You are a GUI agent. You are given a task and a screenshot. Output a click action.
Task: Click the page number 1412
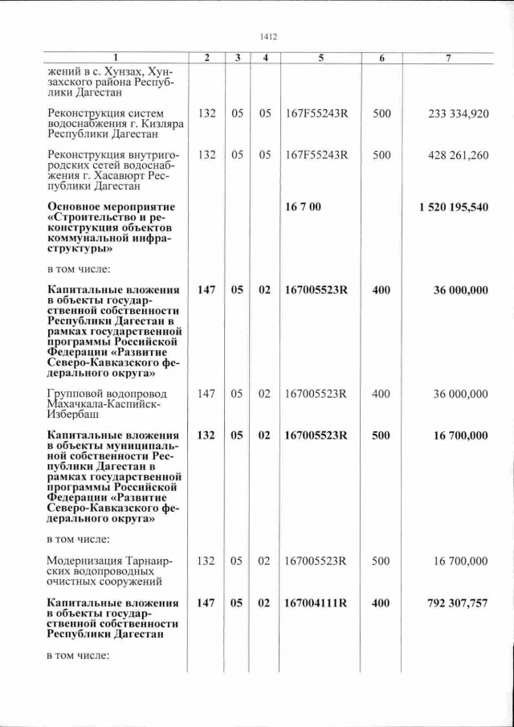[269, 36]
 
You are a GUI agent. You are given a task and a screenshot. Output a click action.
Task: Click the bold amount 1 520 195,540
[453, 207]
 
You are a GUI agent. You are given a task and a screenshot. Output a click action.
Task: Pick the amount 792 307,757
[455, 603]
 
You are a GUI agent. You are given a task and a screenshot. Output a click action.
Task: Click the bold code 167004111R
[315, 603]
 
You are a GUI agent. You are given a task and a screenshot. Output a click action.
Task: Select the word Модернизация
[83, 560]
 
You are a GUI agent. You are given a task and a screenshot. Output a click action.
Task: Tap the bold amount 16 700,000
[460, 435]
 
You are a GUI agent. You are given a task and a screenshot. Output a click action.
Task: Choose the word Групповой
[76, 394]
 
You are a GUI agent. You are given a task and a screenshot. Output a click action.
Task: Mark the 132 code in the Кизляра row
[206, 114]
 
